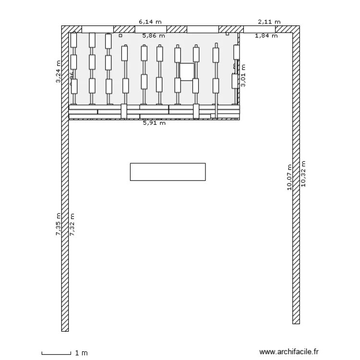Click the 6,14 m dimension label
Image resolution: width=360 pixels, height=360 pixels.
click(150, 22)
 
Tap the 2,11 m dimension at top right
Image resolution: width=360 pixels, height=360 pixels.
click(269, 22)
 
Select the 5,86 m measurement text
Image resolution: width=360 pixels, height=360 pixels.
click(154, 36)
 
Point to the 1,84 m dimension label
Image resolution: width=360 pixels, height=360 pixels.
click(266, 36)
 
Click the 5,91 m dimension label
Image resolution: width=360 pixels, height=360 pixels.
click(155, 123)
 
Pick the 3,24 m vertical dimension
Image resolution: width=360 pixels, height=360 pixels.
click(59, 72)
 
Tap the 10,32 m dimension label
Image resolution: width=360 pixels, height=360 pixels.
click(303, 173)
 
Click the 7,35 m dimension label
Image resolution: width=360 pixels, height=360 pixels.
click(59, 224)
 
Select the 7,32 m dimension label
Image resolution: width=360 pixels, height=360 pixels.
click(72, 224)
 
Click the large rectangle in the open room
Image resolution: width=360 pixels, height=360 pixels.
click(168, 172)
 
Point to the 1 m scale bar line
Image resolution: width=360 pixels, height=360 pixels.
click(56, 354)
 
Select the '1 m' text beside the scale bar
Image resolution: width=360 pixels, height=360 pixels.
click(82, 353)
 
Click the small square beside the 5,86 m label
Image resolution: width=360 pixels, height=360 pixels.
click(120, 35)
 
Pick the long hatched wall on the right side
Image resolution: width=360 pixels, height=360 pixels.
click(296, 178)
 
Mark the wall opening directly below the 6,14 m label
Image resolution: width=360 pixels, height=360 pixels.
click(149, 29)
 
